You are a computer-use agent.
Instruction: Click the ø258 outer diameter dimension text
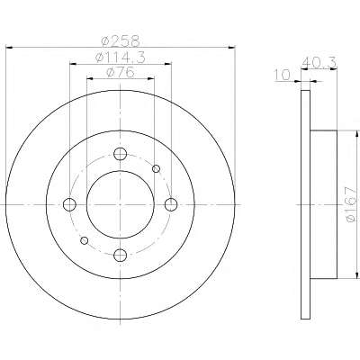pyautogui.click(x=121, y=41)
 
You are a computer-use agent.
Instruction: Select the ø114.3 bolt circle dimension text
pyautogui.click(x=120, y=57)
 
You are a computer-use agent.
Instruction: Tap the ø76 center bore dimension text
pyautogui.click(x=121, y=72)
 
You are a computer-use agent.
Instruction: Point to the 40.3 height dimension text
pyautogui.click(x=319, y=63)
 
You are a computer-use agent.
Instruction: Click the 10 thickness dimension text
pyautogui.click(x=283, y=75)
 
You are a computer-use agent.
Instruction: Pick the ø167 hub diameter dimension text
pyautogui.click(x=352, y=205)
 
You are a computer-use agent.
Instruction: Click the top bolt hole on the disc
pyautogui.click(x=120, y=154)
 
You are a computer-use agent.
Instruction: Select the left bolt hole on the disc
pyautogui.click(x=69, y=204)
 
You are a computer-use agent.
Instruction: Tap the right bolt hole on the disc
pyautogui.click(x=171, y=204)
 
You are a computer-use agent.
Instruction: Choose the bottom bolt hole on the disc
pyautogui.click(x=120, y=255)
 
